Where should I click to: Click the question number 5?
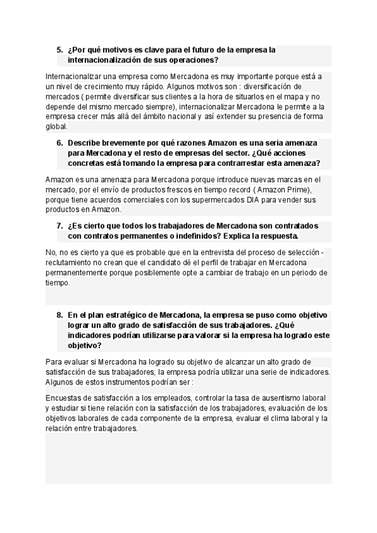pos(59,50)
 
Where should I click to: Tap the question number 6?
pos(59,143)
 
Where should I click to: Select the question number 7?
pos(59,225)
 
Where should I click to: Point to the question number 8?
pos(59,315)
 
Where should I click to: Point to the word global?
pos(57,126)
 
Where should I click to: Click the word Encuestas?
pos(67,398)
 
